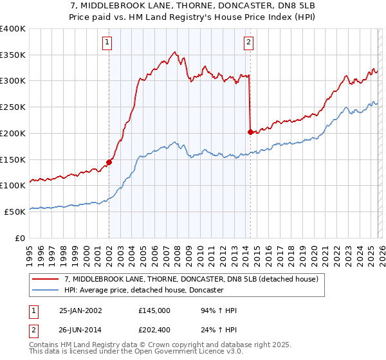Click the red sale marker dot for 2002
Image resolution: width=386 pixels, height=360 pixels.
click(109, 162)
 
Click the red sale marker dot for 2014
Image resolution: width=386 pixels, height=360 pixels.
click(250, 132)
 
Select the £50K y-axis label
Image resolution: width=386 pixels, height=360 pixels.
click(15, 212)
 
